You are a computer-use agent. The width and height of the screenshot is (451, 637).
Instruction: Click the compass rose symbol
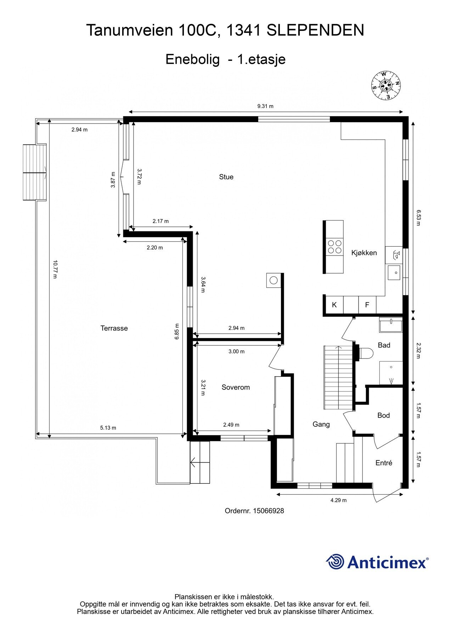(385, 85)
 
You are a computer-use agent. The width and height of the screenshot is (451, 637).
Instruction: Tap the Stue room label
(226, 177)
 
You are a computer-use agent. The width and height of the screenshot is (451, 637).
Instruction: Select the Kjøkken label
(364, 253)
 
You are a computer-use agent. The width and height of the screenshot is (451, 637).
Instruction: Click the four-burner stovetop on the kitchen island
(335, 247)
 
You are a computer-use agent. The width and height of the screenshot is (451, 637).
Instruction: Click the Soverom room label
(236, 387)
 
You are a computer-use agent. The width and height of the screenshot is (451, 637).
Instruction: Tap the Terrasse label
(114, 328)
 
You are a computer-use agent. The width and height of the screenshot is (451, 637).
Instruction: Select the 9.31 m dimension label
(265, 106)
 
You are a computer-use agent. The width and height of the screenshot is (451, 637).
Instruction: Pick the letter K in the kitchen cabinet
(334, 304)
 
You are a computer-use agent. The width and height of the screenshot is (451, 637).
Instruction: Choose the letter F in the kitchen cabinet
(367, 304)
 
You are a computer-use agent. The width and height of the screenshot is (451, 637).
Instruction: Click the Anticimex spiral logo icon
(335, 562)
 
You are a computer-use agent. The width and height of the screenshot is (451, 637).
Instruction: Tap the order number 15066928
(268, 511)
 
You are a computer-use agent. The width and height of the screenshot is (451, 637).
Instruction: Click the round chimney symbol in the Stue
(273, 280)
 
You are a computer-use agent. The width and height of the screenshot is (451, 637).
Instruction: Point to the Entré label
(384, 463)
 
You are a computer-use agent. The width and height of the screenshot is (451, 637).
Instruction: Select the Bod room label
(384, 415)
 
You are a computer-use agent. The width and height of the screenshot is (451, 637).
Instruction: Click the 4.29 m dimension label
(338, 500)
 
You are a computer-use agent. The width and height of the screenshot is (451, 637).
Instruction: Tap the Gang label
(321, 424)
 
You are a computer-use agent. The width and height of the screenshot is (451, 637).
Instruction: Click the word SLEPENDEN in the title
(315, 30)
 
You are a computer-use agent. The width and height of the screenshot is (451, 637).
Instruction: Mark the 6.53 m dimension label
(418, 218)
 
